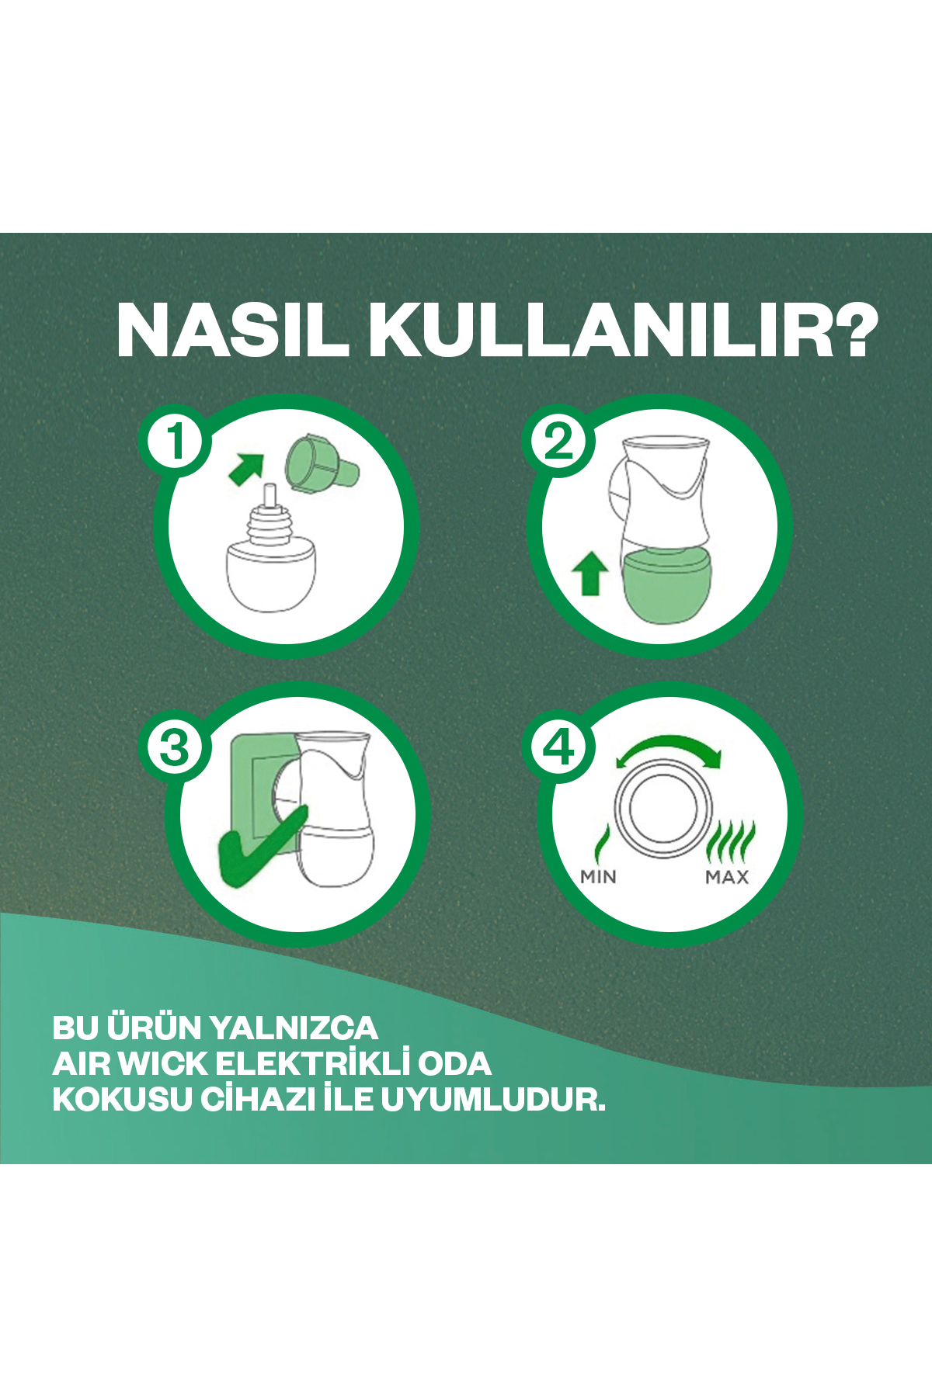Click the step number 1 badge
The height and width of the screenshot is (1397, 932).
pos(176,441)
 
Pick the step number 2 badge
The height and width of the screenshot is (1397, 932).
pos(559,441)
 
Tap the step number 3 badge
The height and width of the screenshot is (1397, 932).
pos(176,748)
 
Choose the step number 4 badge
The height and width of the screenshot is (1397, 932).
pos(559,748)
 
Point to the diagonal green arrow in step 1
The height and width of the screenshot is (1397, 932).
pos(247,469)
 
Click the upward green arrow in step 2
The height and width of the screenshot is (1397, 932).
pos(590,573)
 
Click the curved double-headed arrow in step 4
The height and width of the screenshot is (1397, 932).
pos(668,751)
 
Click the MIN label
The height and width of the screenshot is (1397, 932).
pos(598,877)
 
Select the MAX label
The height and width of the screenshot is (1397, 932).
pos(727,877)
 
